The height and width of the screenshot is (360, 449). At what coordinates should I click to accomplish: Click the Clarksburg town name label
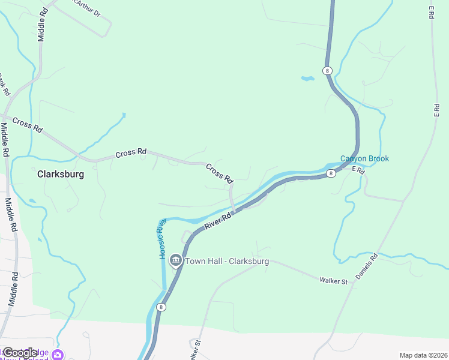click(x=60, y=175)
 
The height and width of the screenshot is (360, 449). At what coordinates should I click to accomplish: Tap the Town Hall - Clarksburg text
click(x=227, y=262)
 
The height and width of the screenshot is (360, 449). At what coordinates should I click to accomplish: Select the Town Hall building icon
click(x=176, y=260)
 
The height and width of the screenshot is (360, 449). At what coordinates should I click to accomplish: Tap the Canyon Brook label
click(x=364, y=158)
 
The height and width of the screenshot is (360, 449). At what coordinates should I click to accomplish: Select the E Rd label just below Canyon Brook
click(x=358, y=170)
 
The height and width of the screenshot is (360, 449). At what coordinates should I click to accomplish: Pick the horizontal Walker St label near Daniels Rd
click(x=334, y=280)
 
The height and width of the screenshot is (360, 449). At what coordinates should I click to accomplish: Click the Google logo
click(x=19, y=352)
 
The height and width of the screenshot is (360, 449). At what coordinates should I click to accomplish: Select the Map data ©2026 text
click(x=423, y=355)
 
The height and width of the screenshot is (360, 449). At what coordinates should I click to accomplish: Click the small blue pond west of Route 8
click(x=307, y=78)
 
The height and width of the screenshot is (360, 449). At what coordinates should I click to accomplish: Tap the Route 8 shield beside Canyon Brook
click(x=331, y=173)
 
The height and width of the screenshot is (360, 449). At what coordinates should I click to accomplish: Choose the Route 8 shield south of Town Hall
click(x=161, y=307)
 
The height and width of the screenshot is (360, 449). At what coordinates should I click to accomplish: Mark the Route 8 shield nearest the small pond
click(x=327, y=71)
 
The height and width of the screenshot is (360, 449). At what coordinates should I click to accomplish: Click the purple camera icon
click(x=58, y=355)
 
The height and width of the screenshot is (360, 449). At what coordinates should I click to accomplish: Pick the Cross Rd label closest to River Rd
click(x=219, y=173)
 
